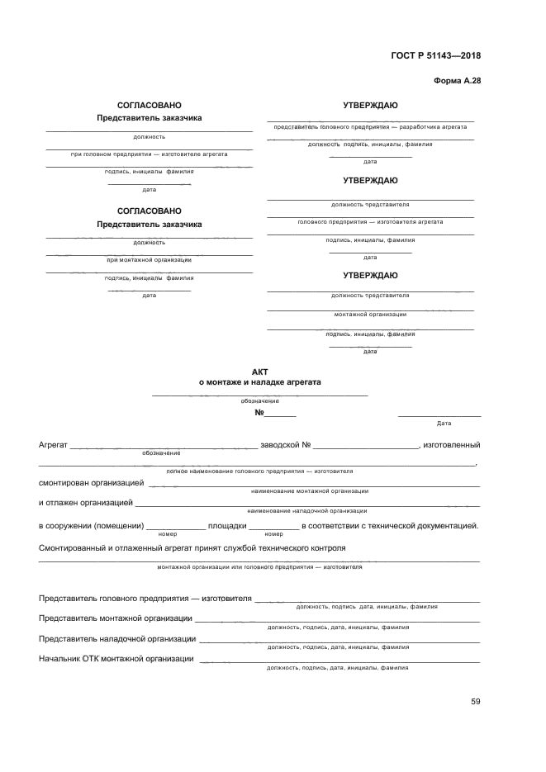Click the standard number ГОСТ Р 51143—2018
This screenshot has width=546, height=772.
coord(435,56)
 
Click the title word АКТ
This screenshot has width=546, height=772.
coord(260,372)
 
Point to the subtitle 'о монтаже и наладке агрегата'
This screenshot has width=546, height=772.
coord(260,383)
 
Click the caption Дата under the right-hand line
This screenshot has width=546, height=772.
coord(444,424)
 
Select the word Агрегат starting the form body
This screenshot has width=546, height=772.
coord(53,445)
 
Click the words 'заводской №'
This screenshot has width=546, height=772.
coord(285,445)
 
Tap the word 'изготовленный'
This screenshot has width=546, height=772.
coord(452,445)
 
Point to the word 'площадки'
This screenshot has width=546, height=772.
coord(226,525)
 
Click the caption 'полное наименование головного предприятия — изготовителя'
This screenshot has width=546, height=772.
coord(259,471)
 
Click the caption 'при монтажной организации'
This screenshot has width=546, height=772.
coord(149,260)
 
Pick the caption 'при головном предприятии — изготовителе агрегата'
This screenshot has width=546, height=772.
coord(149,154)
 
